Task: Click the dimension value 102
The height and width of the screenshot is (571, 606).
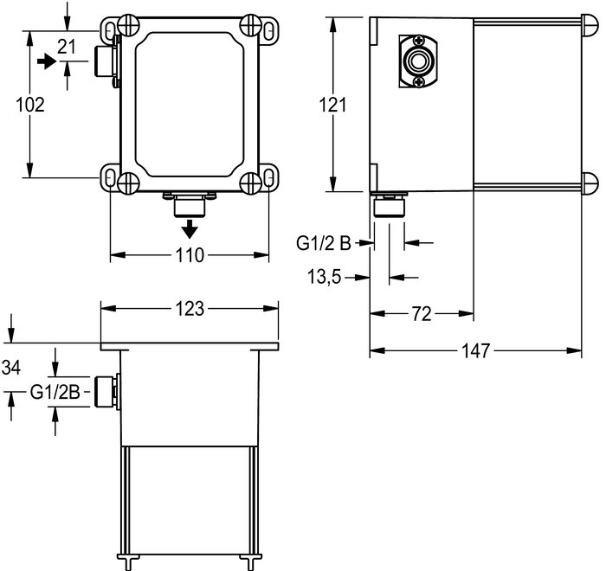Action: coord(30,105)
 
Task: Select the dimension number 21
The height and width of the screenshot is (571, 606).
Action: coord(67,47)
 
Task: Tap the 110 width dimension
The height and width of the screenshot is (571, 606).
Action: coord(190,255)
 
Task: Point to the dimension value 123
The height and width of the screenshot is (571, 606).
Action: coord(190,309)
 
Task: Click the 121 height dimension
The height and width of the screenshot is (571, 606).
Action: coord(332,105)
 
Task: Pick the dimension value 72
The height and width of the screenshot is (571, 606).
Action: coord(422,314)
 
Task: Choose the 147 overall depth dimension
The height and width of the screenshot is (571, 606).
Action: coord(476,350)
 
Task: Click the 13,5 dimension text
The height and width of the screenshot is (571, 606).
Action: coord(325,277)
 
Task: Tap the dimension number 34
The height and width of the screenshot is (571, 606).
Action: coord(11,368)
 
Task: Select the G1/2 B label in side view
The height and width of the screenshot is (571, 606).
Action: coord(324,243)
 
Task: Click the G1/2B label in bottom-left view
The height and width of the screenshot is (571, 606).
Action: coord(55,393)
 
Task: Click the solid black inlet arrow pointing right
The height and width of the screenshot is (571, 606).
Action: coord(47,61)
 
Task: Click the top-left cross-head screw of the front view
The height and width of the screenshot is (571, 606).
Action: coord(129,25)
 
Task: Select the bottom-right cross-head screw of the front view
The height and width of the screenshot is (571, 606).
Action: coord(250,183)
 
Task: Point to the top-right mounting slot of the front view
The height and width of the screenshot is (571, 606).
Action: coord(269,29)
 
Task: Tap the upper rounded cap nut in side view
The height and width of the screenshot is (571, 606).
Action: coord(590,26)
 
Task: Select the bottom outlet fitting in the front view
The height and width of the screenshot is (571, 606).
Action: coord(190,206)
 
